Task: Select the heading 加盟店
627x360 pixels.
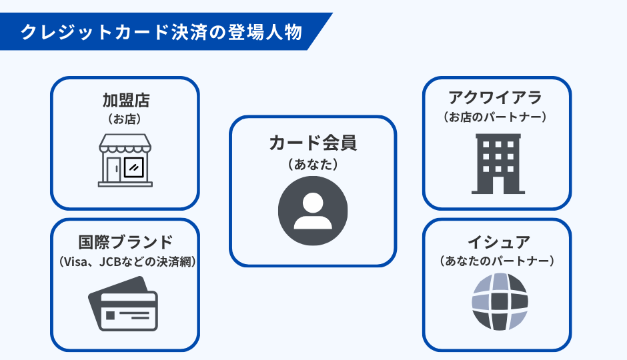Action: tap(125, 101)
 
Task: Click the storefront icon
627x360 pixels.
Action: tap(125, 159)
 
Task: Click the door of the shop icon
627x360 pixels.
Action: tap(112, 169)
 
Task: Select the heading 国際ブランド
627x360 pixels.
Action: tap(125, 242)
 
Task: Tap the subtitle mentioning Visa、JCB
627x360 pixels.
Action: tap(125, 261)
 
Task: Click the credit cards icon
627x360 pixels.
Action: tap(124, 304)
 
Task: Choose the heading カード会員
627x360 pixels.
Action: tap(313, 142)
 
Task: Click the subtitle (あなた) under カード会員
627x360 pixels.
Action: tap(313, 162)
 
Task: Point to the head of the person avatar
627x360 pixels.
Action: tap(313, 203)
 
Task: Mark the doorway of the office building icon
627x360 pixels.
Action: tap(497, 183)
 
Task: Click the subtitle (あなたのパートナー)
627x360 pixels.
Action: tap(497, 261)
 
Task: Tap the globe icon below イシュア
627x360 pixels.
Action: tap(500, 301)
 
